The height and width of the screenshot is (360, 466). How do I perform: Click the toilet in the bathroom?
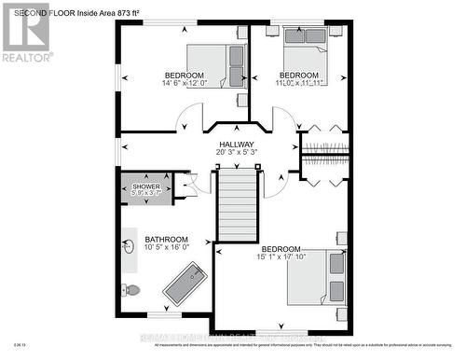[x=131, y=289]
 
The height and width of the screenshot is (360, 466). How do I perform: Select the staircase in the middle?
[x=237, y=204]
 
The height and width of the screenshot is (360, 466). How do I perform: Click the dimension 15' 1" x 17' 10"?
[x=281, y=257]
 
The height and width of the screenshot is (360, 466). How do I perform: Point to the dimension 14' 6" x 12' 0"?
[x=184, y=83]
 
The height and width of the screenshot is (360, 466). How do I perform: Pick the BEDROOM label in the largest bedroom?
[x=281, y=249]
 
